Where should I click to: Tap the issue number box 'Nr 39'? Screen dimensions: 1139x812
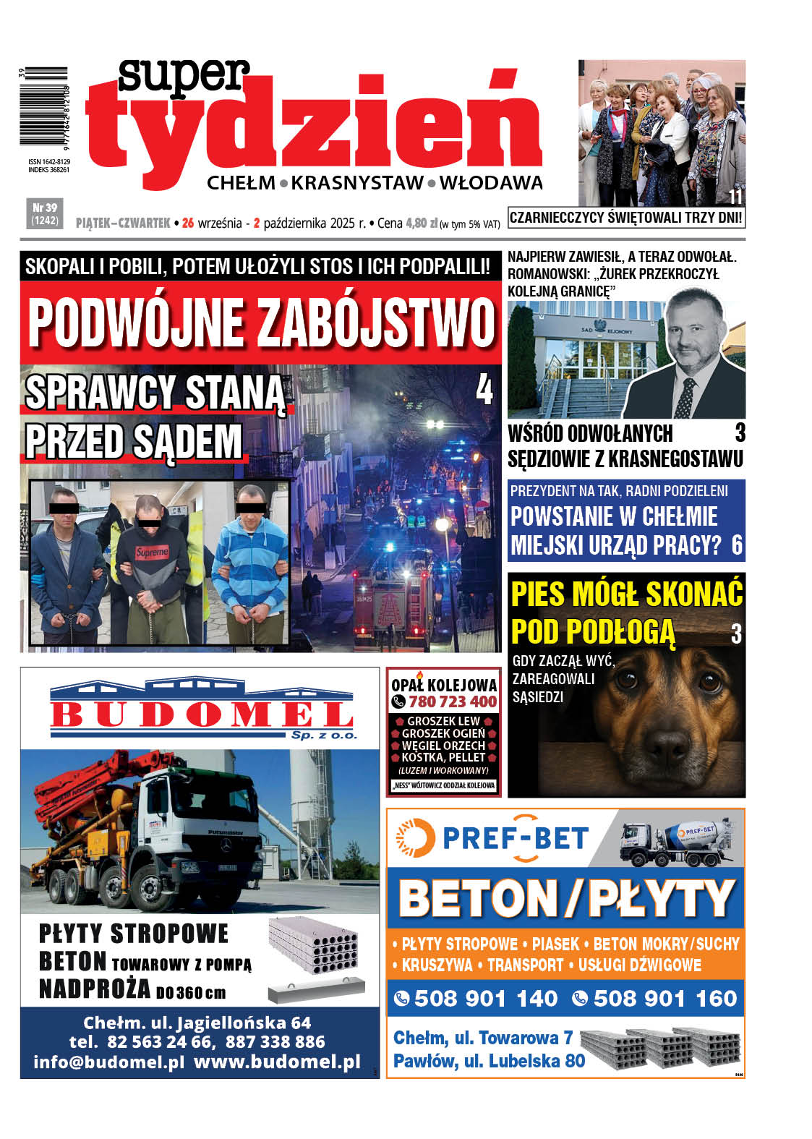pos(44,213)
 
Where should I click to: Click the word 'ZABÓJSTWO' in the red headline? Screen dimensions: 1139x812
pos(376,323)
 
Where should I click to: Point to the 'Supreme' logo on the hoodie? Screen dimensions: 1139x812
pos(152,552)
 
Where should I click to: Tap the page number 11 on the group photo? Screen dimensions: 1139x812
pos(735,197)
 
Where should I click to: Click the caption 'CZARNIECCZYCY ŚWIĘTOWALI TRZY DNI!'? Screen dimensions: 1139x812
pos(625,218)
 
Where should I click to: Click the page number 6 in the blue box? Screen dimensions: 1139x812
pos(736,545)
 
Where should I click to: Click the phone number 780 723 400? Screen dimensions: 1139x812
pos(453,701)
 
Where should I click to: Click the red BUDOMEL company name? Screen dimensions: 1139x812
pos(202,714)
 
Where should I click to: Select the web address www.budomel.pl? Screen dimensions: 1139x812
pos(277,1062)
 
